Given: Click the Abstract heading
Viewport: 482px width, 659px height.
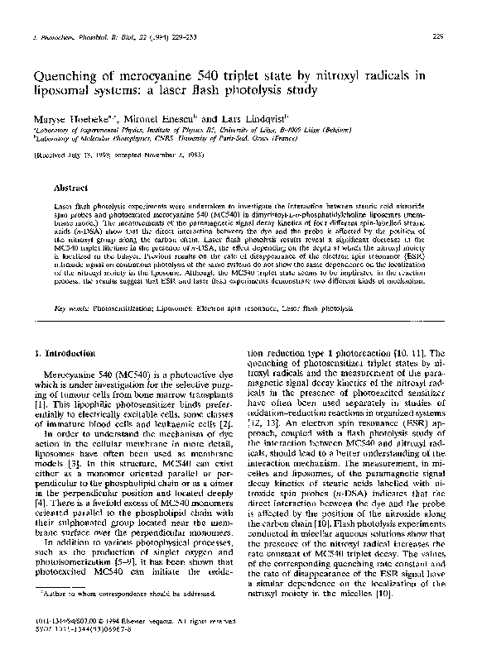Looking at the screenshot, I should tap(71, 188).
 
